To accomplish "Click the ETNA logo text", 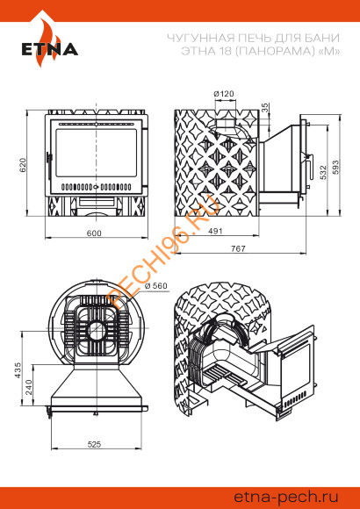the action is [50, 49].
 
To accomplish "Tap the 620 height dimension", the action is [23, 165].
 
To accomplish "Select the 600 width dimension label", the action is [94, 233].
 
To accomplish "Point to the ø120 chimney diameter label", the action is [224, 94].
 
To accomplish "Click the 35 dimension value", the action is [265, 107].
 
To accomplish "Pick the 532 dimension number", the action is [323, 173].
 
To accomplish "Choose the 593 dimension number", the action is [335, 167].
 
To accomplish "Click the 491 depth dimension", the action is [215, 231].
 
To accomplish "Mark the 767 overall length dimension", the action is [238, 248].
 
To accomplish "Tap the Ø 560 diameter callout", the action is [156, 286].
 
